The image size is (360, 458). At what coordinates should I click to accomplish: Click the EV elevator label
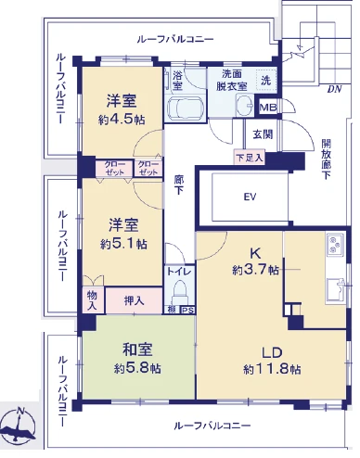(250, 197)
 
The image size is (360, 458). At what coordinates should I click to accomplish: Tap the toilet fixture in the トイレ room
(180, 293)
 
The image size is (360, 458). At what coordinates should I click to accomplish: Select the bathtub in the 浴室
(185, 108)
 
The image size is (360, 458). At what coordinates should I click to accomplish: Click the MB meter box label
(268, 108)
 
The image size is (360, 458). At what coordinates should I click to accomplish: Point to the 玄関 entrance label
(263, 134)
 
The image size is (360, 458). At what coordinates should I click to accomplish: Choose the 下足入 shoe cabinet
(250, 158)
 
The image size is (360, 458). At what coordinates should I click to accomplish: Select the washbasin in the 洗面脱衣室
(246, 105)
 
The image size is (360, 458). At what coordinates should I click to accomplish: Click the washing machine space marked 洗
(265, 81)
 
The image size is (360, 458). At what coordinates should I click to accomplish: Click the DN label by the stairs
(334, 89)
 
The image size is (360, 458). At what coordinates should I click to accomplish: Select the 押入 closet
(134, 300)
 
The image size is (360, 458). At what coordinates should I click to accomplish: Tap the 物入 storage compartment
(92, 300)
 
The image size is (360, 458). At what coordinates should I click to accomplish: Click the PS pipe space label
(186, 310)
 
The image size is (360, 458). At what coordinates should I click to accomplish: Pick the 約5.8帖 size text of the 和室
(137, 368)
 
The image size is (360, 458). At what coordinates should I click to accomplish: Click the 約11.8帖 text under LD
(272, 369)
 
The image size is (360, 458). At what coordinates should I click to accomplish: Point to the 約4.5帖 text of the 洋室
(122, 120)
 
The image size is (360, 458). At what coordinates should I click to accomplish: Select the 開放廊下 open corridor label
(327, 159)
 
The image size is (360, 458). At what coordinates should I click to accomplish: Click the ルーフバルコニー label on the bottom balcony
(212, 426)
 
